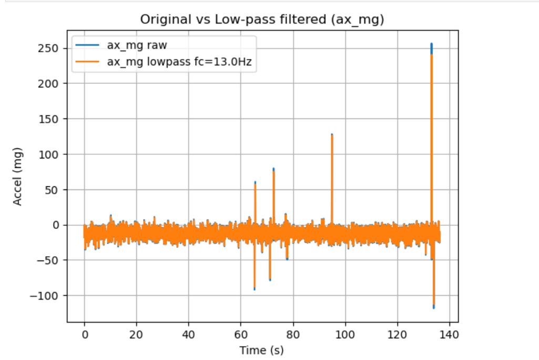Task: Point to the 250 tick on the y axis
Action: point(50,48)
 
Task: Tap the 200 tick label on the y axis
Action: point(50,84)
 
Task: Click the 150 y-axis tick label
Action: point(50,119)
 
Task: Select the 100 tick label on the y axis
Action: point(50,154)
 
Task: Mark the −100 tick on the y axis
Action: point(48,295)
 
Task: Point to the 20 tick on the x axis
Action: point(136,334)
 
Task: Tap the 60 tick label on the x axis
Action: point(241,334)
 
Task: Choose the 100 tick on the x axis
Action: point(345,334)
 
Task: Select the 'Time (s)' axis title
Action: point(261,349)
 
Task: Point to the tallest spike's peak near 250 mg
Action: point(431,44)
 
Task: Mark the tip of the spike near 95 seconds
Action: point(332,135)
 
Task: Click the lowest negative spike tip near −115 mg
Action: point(434,307)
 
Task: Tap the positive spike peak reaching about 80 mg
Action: point(273,169)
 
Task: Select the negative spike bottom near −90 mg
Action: point(255,289)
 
